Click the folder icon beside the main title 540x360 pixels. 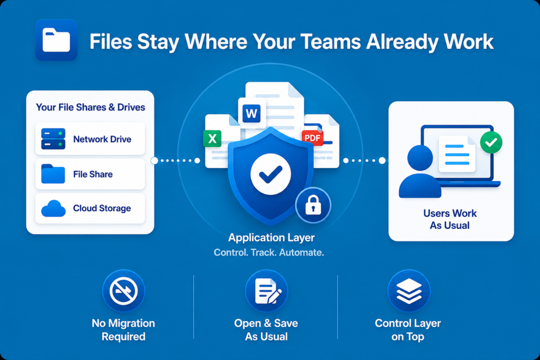(56, 40)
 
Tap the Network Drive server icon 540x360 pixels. (53, 139)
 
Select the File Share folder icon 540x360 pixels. (53, 174)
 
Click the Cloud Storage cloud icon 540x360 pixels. (53, 208)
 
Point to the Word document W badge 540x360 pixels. (252, 113)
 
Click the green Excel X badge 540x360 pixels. (212, 139)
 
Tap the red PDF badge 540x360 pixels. (312, 138)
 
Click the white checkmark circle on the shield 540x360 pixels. (271, 174)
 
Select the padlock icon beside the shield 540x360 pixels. (313, 205)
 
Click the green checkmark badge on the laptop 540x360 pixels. (491, 142)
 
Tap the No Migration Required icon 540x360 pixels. (123, 291)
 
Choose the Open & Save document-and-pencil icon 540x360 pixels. (266, 291)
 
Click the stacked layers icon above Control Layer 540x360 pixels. (409, 291)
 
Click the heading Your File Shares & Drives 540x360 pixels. (91, 108)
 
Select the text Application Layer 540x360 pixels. (272, 238)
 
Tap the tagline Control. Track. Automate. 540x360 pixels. (269, 252)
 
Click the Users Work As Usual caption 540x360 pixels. (450, 219)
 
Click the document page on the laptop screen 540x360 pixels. (457, 154)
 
